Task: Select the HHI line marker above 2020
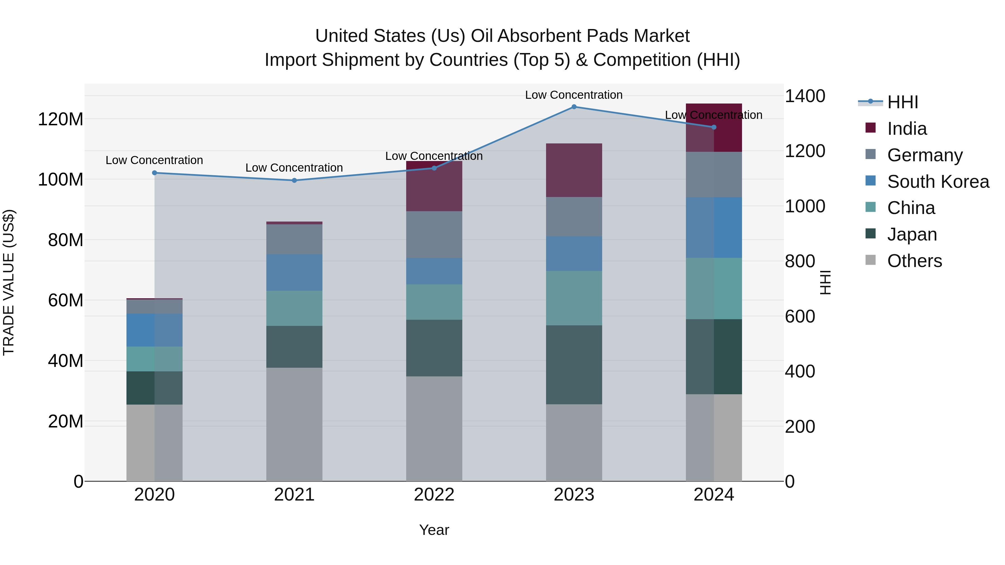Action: tap(154, 173)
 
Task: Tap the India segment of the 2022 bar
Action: tap(434, 186)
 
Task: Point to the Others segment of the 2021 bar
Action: tap(294, 424)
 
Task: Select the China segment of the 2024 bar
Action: tap(714, 288)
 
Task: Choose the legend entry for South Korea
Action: tap(938, 182)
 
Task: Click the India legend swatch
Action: tap(870, 128)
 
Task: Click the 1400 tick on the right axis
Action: tap(805, 96)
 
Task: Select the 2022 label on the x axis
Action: tap(434, 495)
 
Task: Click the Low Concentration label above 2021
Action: tap(294, 168)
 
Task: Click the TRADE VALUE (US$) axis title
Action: tap(9, 282)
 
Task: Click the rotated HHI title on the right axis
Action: tap(825, 282)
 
